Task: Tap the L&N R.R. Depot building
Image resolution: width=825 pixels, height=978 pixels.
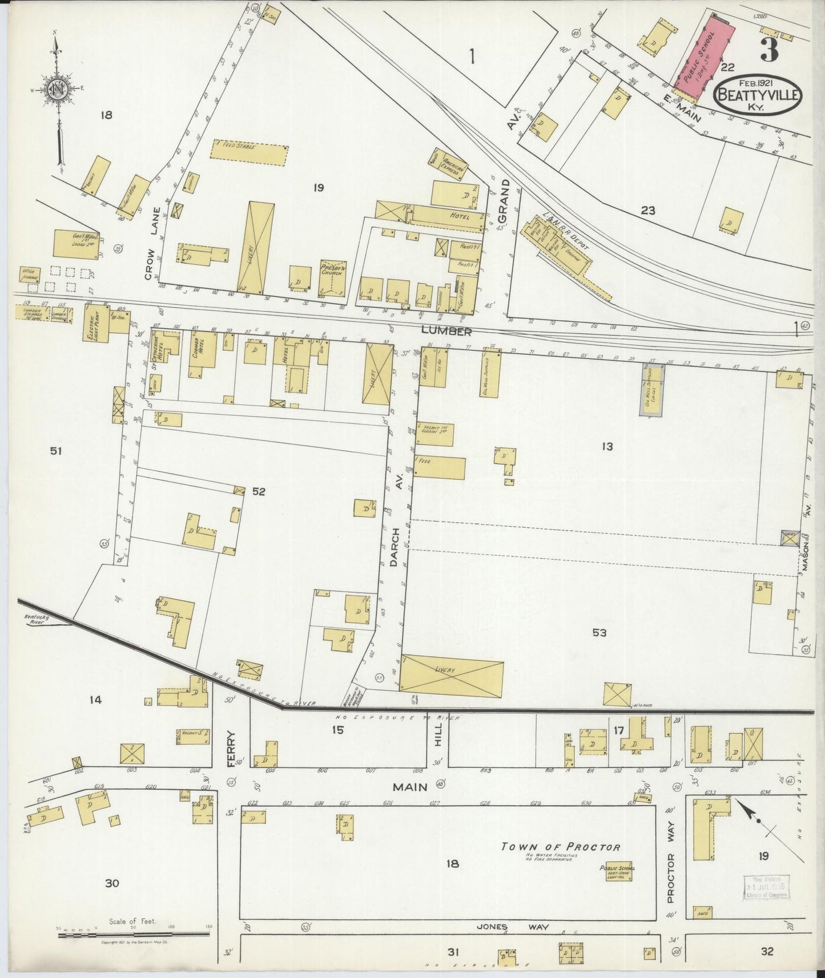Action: [x=558, y=248]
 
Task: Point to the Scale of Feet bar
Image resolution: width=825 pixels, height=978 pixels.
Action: [x=133, y=934]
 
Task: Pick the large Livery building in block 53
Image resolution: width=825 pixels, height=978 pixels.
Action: [x=452, y=676]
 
